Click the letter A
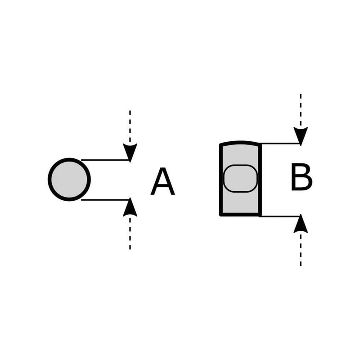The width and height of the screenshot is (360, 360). [x=162, y=182]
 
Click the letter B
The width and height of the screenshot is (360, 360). [x=301, y=178]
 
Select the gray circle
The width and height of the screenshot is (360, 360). [x=69, y=180]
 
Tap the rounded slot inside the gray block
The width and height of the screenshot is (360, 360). [x=241, y=178]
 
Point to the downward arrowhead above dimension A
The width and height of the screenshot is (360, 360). [x=130, y=152]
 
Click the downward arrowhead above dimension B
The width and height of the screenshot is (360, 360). [x=301, y=135]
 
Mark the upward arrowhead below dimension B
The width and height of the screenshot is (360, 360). [x=301, y=225]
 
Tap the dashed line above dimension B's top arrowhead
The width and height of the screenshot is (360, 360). [x=301, y=110]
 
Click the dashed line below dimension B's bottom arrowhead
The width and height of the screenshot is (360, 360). [x=301, y=250]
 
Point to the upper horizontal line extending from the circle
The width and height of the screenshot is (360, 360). [x=105, y=160]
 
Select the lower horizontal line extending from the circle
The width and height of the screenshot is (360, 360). [x=105, y=199]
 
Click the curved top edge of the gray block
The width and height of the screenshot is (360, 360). [x=240, y=143]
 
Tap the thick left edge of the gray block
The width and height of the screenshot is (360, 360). [x=221, y=180]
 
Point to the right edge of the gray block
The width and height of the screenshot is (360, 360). [x=260, y=180]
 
